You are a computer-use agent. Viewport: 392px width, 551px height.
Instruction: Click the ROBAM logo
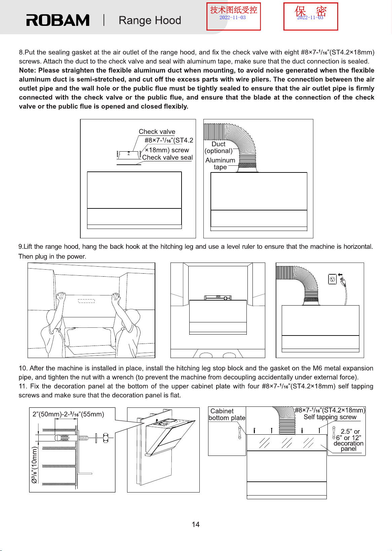pyautogui.click(x=58, y=20)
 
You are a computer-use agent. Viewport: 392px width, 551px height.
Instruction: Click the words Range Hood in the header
pyautogui.click(x=150, y=20)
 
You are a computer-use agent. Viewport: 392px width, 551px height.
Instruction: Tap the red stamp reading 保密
pyautogui.click(x=311, y=16)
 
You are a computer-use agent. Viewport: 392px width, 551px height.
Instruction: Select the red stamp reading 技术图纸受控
pyautogui.click(x=233, y=16)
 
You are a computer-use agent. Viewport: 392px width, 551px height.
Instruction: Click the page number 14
pyautogui.click(x=196, y=524)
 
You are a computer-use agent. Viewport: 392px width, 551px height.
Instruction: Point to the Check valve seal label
pyautogui.click(x=167, y=157)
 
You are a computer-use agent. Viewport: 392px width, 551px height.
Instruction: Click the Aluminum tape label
pyautogui.click(x=220, y=164)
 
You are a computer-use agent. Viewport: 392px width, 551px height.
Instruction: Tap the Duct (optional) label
pyautogui.click(x=219, y=147)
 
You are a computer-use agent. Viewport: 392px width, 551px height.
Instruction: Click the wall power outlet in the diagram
pyautogui.click(x=332, y=279)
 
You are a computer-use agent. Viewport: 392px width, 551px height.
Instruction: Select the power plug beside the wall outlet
pyautogui.click(x=342, y=280)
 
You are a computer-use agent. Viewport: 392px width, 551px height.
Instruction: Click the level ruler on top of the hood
pyautogui.click(x=218, y=298)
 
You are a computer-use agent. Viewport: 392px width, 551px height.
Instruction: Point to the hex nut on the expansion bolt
pyautogui.click(x=106, y=438)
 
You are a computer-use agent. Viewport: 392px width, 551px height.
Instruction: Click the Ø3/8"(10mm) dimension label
pyautogui.click(x=34, y=465)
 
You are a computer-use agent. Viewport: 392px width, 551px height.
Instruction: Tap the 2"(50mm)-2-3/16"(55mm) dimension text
pyautogui.click(x=68, y=414)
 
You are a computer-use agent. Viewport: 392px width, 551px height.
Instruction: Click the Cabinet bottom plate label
pyautogui.click(x=227, y=414)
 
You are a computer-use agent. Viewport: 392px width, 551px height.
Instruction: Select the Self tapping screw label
pyautogui.click(x=330, y=417)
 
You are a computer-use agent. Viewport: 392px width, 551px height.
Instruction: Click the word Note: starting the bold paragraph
pyautogui.click(x=28, y=70)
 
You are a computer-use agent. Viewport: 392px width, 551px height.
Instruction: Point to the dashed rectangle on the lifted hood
pyautogui.click(x=86, y=301)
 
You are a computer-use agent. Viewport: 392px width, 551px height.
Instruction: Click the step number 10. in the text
pyautogui.click(x=23, y=368)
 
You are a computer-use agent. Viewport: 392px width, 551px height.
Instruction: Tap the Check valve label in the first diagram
pyautogui.click(x=157, y=131)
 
